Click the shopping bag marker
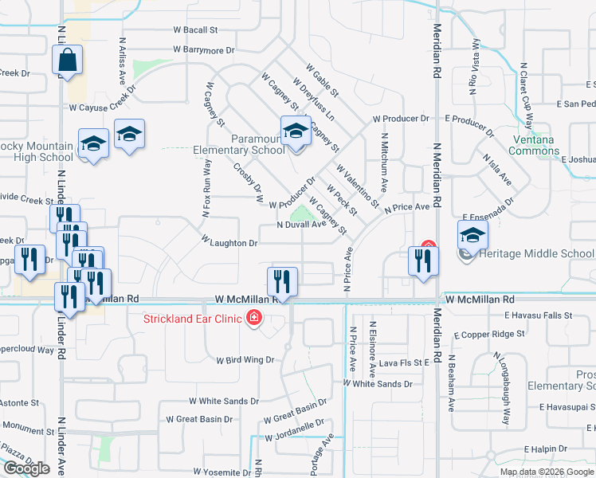(68, 61)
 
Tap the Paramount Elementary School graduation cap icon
(296, 131)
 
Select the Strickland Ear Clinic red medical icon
(254, 319)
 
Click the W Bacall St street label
(195, 30)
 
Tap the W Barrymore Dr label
(204, 49)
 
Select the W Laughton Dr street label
(229, 242)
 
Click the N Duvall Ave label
(302, 225)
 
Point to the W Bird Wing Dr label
(245, 360)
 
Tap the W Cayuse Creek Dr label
(98, 107)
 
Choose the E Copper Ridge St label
(492, 335)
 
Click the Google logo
(26, 468)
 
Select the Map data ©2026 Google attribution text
(547, 472)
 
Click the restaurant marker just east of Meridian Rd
(422, 261)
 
